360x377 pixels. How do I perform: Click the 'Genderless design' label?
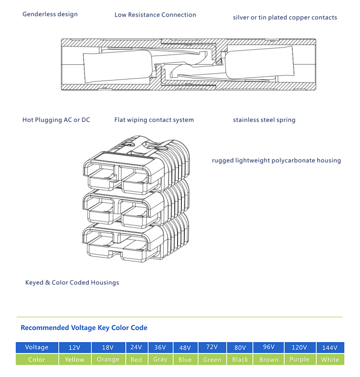click(x=50, y=14)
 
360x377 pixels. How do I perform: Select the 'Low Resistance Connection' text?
click(x=155, y=15)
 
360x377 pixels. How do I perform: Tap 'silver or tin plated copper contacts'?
click(x=285, y=18)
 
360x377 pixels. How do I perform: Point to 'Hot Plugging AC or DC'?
click(x=56, y=120)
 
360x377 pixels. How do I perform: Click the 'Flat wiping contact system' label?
click(x=154, y=120)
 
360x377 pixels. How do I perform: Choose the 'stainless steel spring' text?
click(x=264, y=120)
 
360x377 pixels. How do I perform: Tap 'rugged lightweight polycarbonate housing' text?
click(x=276, y=161)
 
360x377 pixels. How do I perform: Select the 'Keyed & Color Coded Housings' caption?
click(x=72, y=283)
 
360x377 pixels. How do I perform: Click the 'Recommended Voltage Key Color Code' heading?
click(x=84, y=328)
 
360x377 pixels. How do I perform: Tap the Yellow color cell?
click(x=74, y=359)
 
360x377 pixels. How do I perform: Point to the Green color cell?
click(x=212, y=359)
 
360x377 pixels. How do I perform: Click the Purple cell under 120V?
click(x=300, y=359)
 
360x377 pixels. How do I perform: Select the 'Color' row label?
click(x=36, y=359)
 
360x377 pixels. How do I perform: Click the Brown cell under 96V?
click(x=268, y=359)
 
